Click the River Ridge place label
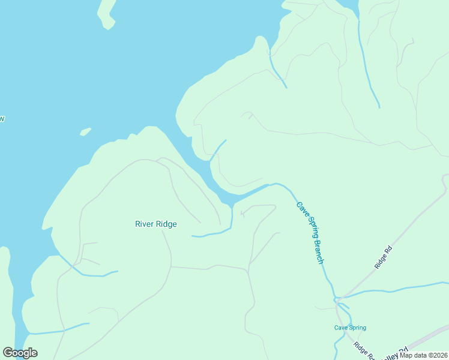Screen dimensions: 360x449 tap(156, 224)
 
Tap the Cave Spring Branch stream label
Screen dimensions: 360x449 tap(311, 232)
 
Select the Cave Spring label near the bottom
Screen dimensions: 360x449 tap(350, 328)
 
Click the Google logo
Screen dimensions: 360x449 tap(20, 353)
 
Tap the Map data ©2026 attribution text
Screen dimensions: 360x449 tap(423, 355)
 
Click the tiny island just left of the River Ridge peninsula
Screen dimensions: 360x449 tap(85, 131)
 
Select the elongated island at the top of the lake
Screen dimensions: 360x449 tap(107, 13)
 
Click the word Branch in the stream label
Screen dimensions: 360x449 tap(319, 251)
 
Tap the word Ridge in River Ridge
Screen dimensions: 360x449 tap(166, 224)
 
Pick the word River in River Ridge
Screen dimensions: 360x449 tap(144, 224)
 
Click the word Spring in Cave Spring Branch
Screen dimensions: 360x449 tap(310, 229)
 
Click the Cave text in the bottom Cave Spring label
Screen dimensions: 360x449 tap(341, 328)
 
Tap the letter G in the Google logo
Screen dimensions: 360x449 tap(8, 353)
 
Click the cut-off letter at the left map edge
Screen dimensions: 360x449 tap(2, 119)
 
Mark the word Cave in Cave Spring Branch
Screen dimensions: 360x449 tap(301, 209)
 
